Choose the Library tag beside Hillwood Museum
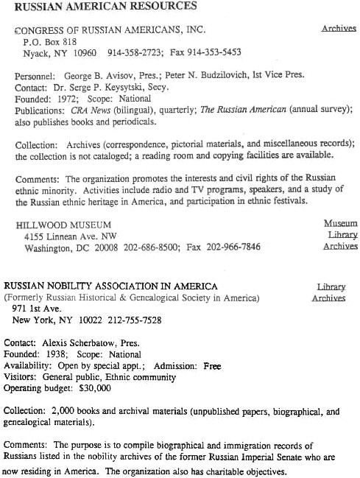pos(342,235)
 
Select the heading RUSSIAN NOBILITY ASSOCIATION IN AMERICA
pos(111,287)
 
